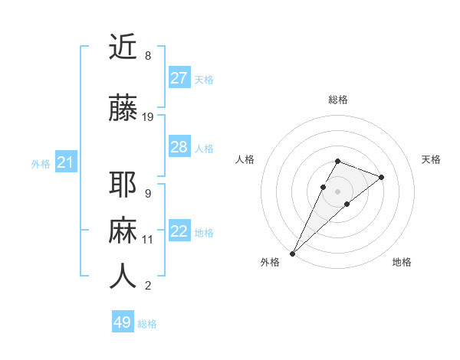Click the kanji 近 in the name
tap(123, 47)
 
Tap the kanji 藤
tap(123, 109)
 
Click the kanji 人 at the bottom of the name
tap(123, 277)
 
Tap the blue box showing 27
tap(179, 78)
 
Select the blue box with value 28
tap(179, 147)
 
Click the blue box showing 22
tap(179, 232)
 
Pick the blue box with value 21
tap(66, 162)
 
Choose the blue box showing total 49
tap(123, 322)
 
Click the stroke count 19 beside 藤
tap(148, 117)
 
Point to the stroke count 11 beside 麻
tap(148, 240)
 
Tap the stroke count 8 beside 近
tap(148, 56)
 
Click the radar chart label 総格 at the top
tap(338, 100)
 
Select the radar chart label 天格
tap(432, 159)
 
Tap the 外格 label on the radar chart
tap(270, 262)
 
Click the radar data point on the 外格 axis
tap(292, 253)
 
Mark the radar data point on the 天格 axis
tap(382, 177)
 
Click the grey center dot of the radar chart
tap(338, 191)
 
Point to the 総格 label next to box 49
tap(147, 324)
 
